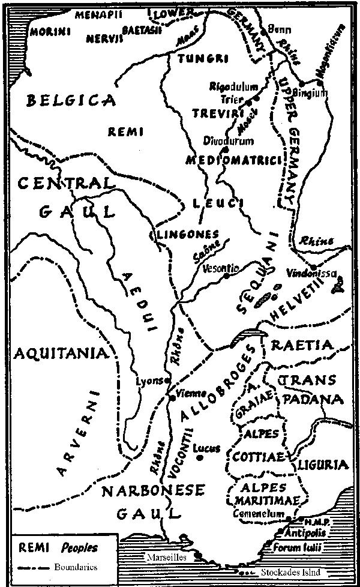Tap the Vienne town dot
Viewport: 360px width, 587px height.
(172, 397)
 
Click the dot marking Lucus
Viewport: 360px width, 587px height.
(199, 457)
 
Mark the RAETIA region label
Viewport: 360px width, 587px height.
(301, 346)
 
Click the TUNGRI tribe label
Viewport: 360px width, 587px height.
(196, 59)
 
